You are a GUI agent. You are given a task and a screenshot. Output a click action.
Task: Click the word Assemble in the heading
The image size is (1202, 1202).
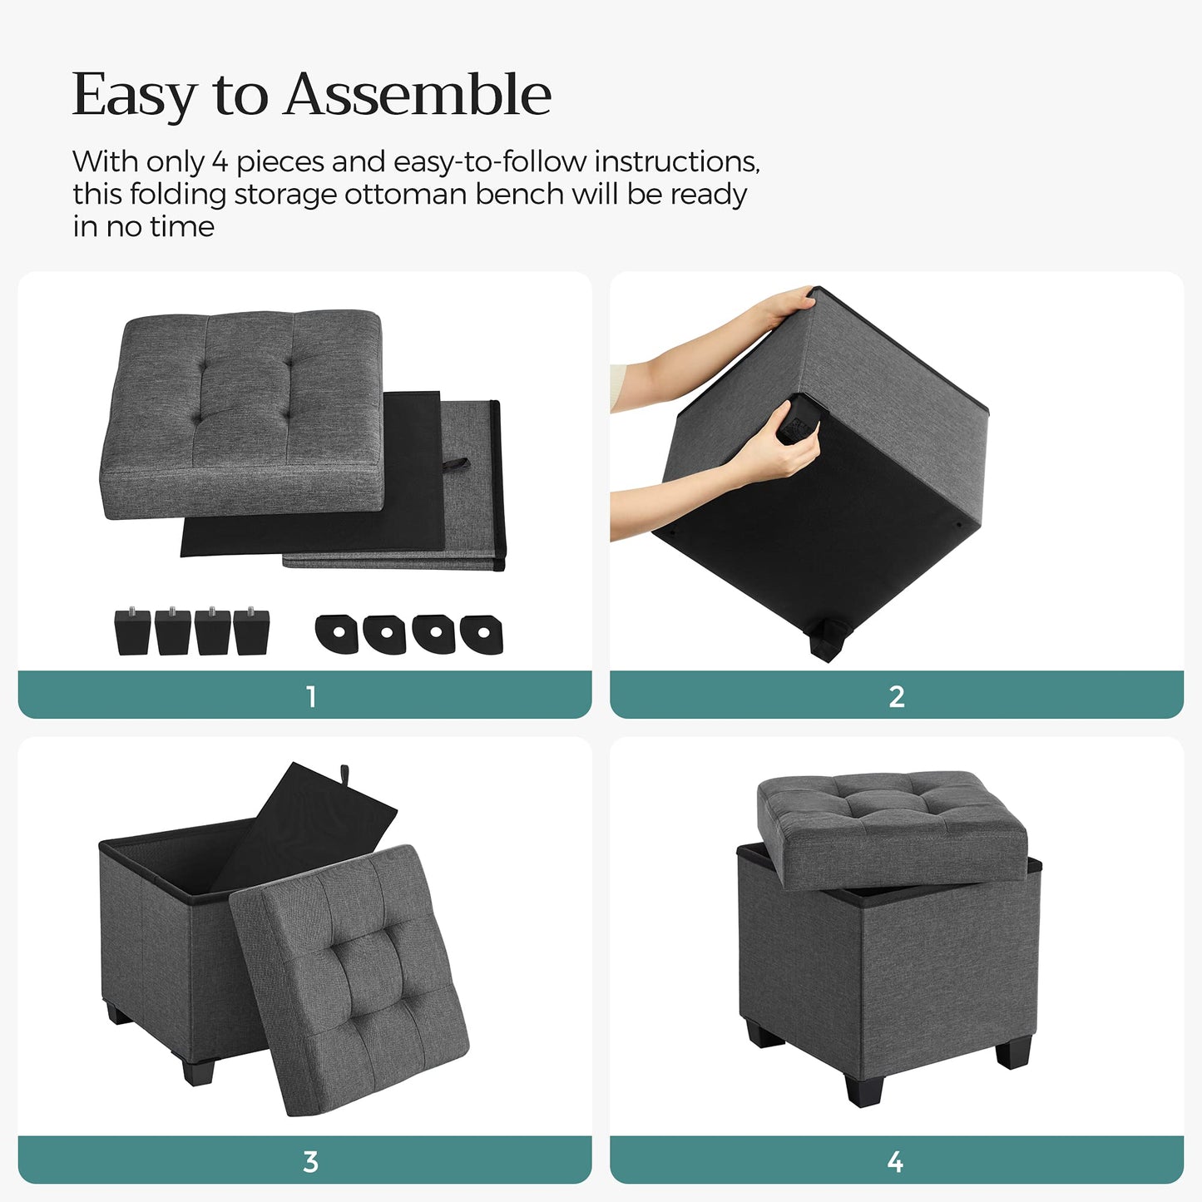tap(418, 94)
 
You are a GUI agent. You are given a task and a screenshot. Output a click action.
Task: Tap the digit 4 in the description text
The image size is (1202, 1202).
tap(220, 162)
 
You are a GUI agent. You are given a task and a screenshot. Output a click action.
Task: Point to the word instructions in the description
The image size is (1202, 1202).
tap(677, 162)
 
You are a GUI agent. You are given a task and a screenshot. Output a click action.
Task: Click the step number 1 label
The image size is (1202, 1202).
tap(311, 697)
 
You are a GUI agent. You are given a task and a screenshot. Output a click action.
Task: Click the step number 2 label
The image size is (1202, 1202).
tap(897, 697)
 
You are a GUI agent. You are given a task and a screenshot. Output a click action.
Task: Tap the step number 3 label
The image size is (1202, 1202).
tap(310, 1162)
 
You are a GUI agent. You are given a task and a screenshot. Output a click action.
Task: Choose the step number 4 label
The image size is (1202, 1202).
tap(895, 1162)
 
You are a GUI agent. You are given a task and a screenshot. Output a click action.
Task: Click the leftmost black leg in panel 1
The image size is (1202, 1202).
tap(132, 631)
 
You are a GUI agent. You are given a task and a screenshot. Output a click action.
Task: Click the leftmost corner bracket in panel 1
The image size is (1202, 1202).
tap(337, 634)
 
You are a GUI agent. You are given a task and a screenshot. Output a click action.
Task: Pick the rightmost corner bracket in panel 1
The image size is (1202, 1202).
tap(482, 635)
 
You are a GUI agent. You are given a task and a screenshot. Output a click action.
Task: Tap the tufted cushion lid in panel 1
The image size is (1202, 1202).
tap(242, 413)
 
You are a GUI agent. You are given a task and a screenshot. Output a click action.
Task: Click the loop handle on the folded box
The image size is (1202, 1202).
tap(458, 466)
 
